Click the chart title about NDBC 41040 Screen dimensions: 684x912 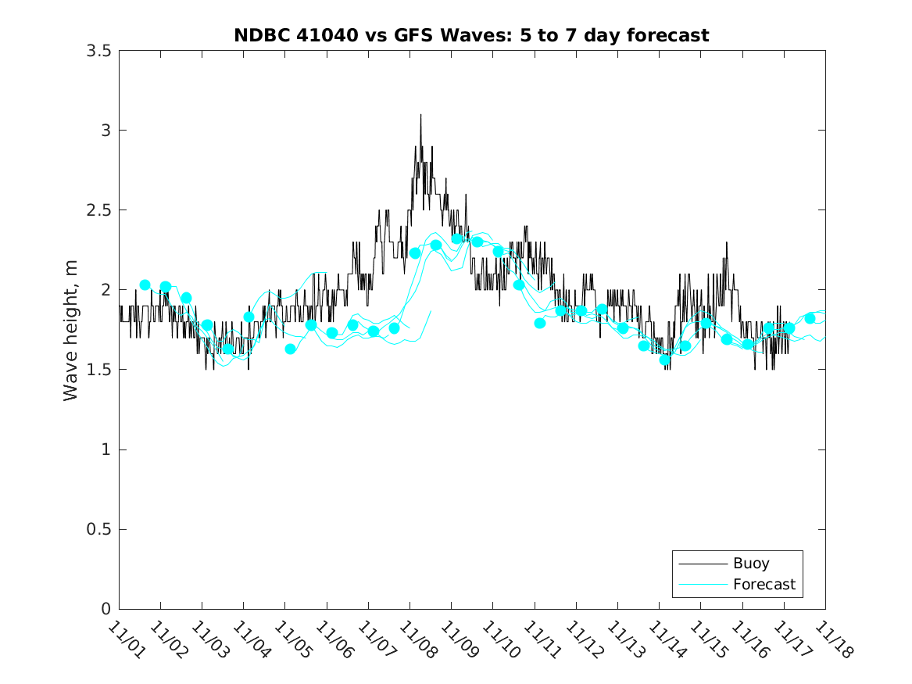point(471,36)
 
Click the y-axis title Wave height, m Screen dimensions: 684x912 point(71,331)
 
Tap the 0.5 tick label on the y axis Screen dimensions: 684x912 point(98,530)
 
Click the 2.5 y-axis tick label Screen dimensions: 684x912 point(98,210)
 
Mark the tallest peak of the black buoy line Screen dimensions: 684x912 point(420,115)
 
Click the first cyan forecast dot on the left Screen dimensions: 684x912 point(145,285)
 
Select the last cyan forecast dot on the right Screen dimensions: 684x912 point(810,318)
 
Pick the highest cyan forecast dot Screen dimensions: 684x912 point(457,238)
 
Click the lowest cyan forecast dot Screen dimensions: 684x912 point(665,360)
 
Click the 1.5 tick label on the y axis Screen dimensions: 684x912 point(98,370)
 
